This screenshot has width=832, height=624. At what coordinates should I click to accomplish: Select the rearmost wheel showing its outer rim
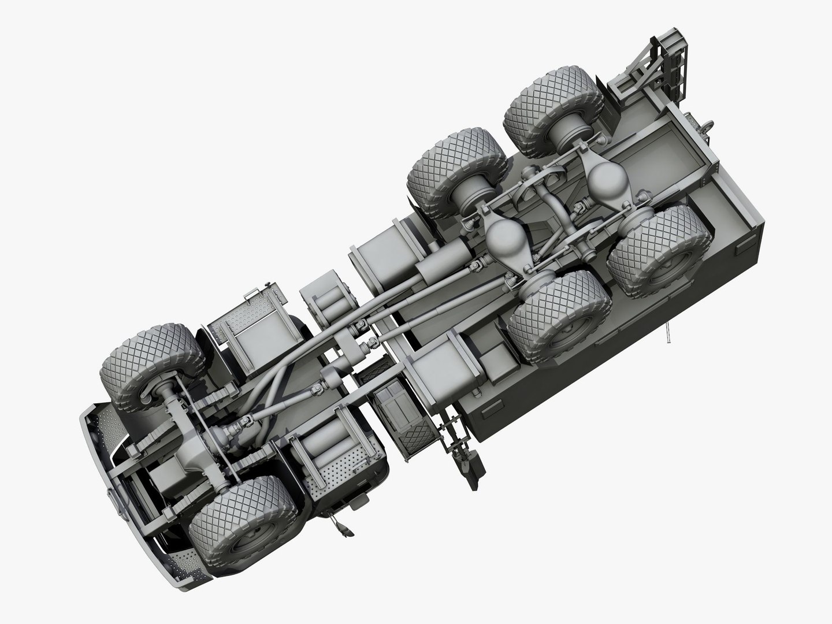point(659,254)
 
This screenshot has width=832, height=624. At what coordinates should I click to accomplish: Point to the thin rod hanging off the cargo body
point(668,332)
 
